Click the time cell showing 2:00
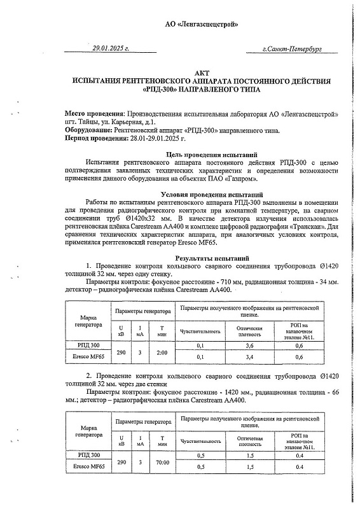click(162, 351)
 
